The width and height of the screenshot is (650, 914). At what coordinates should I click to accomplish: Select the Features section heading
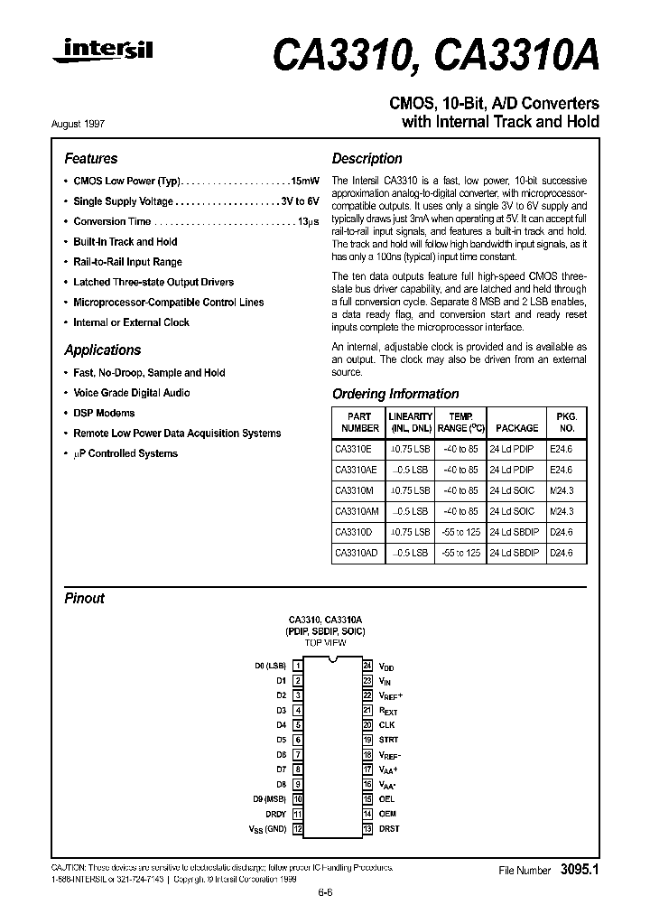[x=90, y=158]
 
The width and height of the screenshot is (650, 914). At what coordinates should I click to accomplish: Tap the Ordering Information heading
[x=395, y=394]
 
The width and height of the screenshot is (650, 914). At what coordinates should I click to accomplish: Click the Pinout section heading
[x=84, y=598]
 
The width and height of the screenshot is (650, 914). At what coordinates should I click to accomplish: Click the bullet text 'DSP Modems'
[x=104, y=413]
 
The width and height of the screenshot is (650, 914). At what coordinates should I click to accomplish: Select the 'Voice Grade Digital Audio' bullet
[x=137, y=393]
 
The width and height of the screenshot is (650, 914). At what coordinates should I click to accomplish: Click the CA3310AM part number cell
[x=357, y=511]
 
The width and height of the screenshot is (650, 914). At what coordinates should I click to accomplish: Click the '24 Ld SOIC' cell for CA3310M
[x=513, y=490]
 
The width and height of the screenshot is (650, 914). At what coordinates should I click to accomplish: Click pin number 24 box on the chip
[x=367, y=666]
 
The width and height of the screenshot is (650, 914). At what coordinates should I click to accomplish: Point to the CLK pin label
[x=386, y=725]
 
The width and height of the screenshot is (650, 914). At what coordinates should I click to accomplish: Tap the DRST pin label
[x=389, y=828]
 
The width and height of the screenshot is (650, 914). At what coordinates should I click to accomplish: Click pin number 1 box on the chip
[x=297, y=666]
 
